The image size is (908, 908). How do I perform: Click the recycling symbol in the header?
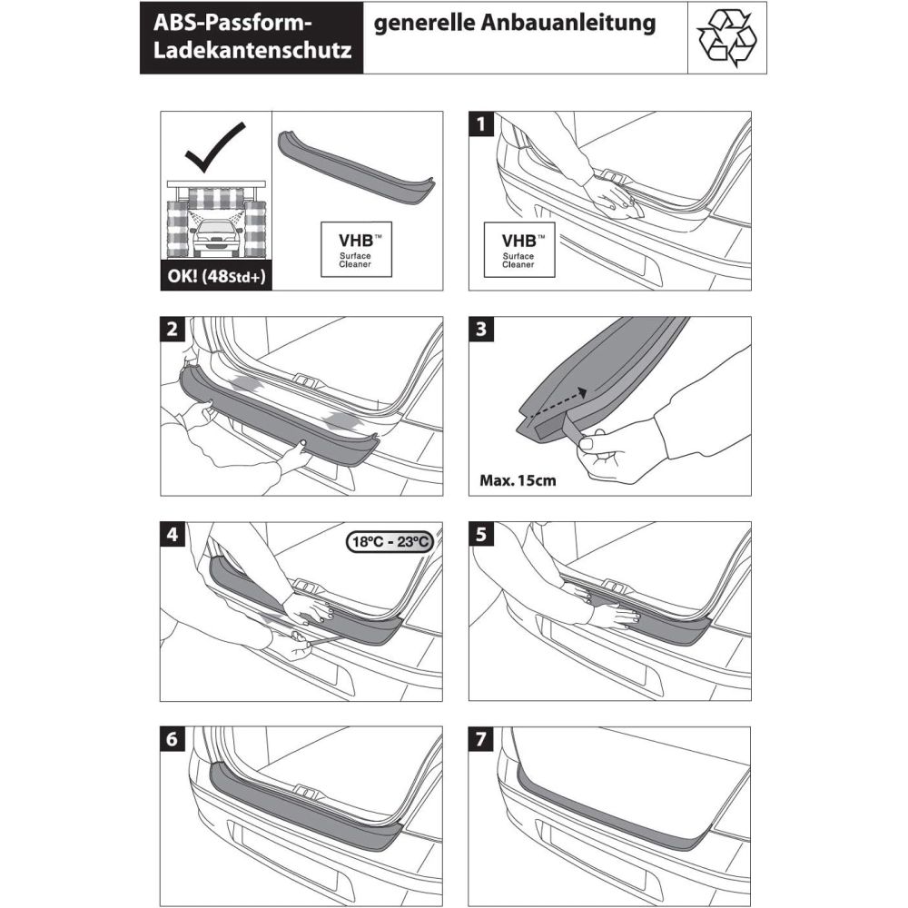726,38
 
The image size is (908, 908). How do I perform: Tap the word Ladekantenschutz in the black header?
253,53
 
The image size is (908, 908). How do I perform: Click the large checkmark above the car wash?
216,150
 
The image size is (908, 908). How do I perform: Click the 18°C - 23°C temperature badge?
389,542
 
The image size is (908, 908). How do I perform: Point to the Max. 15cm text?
518,479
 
